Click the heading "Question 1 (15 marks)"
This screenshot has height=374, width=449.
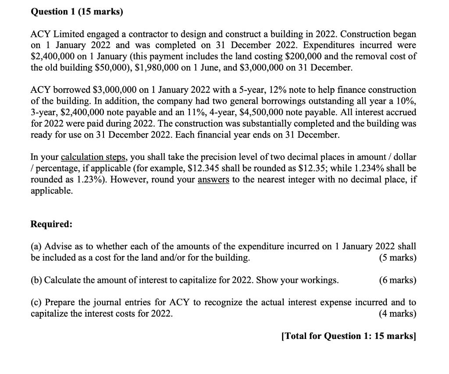coord(77,12)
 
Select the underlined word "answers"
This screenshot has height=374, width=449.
coord(214,180)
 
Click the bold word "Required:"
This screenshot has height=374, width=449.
coord(51,224)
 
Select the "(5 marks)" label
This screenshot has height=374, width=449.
coord(397,258)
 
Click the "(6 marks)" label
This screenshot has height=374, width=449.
coord(397,280)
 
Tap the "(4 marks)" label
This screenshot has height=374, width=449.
coord(397,314)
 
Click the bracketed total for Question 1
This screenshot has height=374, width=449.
coord(348,336)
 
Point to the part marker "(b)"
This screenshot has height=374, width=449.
coord(36,280)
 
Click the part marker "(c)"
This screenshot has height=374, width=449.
coord(36,303)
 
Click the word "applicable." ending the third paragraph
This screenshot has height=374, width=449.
coord(51,191)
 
